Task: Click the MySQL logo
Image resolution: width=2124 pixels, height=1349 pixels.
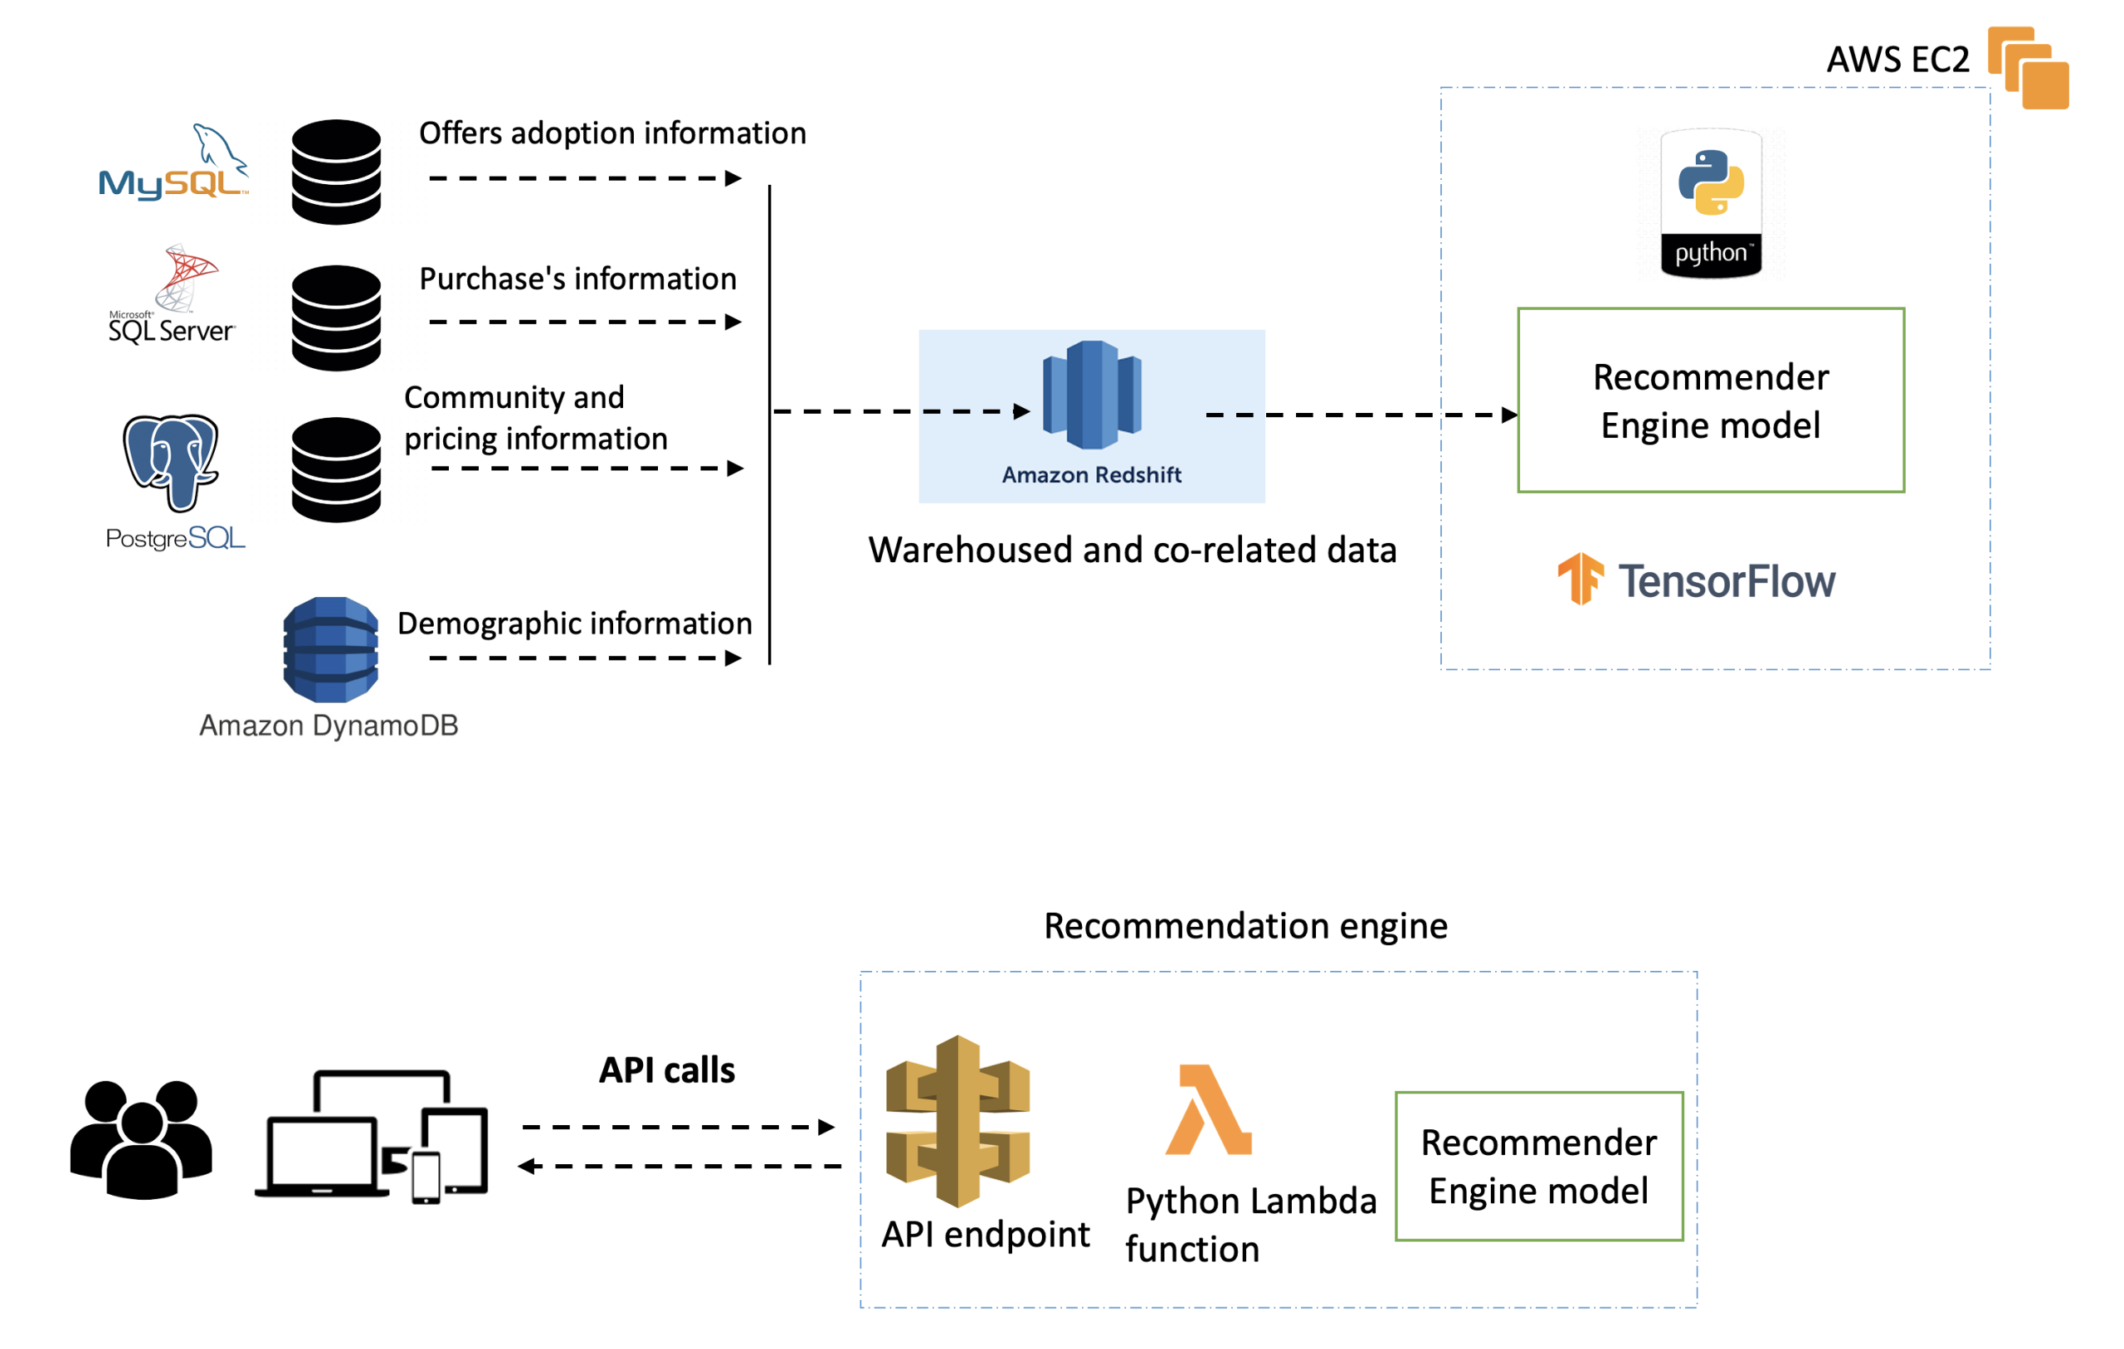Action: click(x=173, y=163)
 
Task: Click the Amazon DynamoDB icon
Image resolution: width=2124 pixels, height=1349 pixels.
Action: click(x=331, y=650)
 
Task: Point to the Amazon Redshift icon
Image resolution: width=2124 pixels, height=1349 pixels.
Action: click(x=1092, y=395)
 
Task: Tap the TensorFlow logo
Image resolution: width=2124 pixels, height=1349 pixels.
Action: click(x=1695, y=580)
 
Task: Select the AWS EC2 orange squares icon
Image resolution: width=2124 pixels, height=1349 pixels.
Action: click(x=2028, y=68)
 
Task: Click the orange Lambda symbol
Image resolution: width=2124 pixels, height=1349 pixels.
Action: click(x=1208, y=1109)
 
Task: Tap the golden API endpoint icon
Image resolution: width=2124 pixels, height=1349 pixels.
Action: click(x=958, y=1121)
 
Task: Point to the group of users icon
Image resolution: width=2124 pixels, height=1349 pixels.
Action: click(x=141, y=1139)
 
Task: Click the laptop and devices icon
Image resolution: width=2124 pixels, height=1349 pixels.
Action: click(x=372, y=1137)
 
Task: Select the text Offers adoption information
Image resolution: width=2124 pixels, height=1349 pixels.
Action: click(x=612, y=133)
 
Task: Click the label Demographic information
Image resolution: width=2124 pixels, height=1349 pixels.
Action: click(x=574, y=624)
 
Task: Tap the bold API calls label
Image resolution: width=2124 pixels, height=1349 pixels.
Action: click(x=667, y=1070)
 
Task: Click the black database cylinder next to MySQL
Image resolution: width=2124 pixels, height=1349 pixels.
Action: click(x=336, y=172)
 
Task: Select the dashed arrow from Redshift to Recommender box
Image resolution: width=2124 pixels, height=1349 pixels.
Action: click(x=1362, y=415)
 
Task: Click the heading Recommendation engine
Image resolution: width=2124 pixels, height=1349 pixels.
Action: click(x=1245, y=926)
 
